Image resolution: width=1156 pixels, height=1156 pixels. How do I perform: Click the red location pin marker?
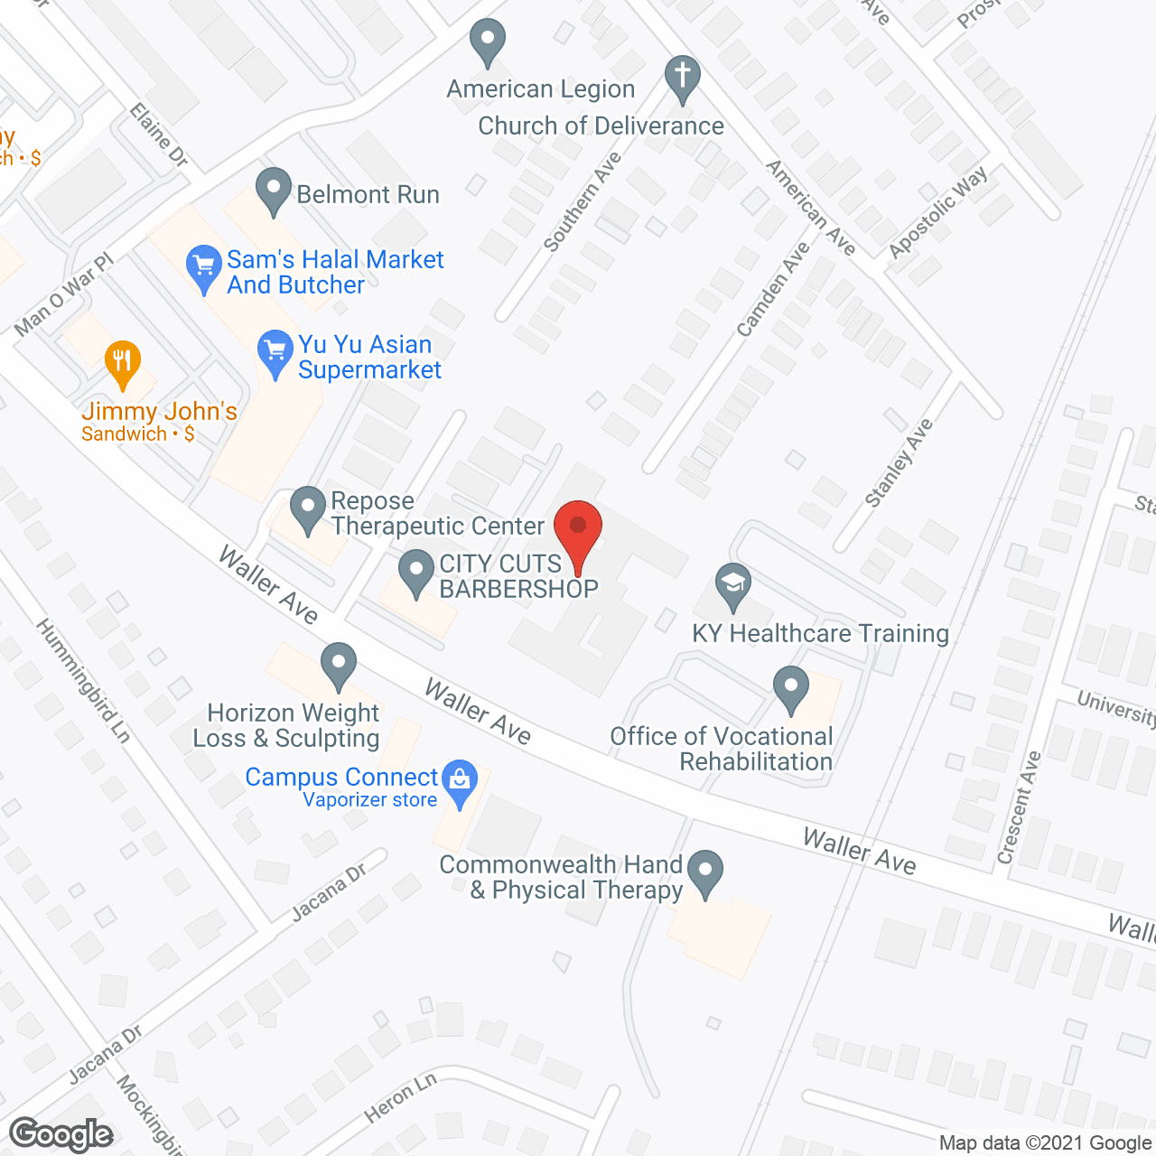coord(577,528)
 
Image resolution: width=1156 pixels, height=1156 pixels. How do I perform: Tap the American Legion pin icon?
coord(488,42)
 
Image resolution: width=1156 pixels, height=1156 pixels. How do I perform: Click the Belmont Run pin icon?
coord(273,191)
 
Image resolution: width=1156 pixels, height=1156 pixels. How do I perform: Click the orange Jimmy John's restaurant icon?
coord(123,363)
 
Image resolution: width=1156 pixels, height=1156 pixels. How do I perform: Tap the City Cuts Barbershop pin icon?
coord(416,573)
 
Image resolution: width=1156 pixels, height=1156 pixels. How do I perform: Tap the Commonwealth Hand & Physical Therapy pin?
coord(705,872)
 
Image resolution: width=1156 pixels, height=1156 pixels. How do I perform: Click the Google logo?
coord(61,1134)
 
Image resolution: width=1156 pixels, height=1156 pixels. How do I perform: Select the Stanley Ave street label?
coord(899,462)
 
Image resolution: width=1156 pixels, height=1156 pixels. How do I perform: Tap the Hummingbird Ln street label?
coord(83,680)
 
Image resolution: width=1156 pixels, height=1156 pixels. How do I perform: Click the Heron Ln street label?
coord(400,1097)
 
